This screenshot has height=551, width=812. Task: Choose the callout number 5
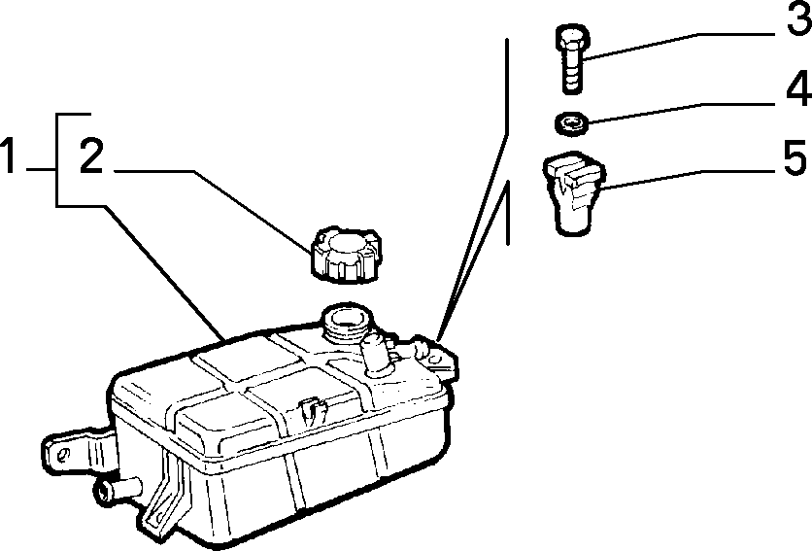(x=795, y=156)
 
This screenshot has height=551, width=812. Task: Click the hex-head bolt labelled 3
(x=572, y=58)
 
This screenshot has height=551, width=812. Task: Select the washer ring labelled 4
(x=571, y=123)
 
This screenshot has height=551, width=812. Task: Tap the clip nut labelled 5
(x=573, y=191)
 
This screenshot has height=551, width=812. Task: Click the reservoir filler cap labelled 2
(x=346, y=255)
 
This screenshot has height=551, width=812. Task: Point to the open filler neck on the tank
(x=347, y=323)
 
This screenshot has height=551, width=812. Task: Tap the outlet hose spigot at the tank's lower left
(x=118, y=490)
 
